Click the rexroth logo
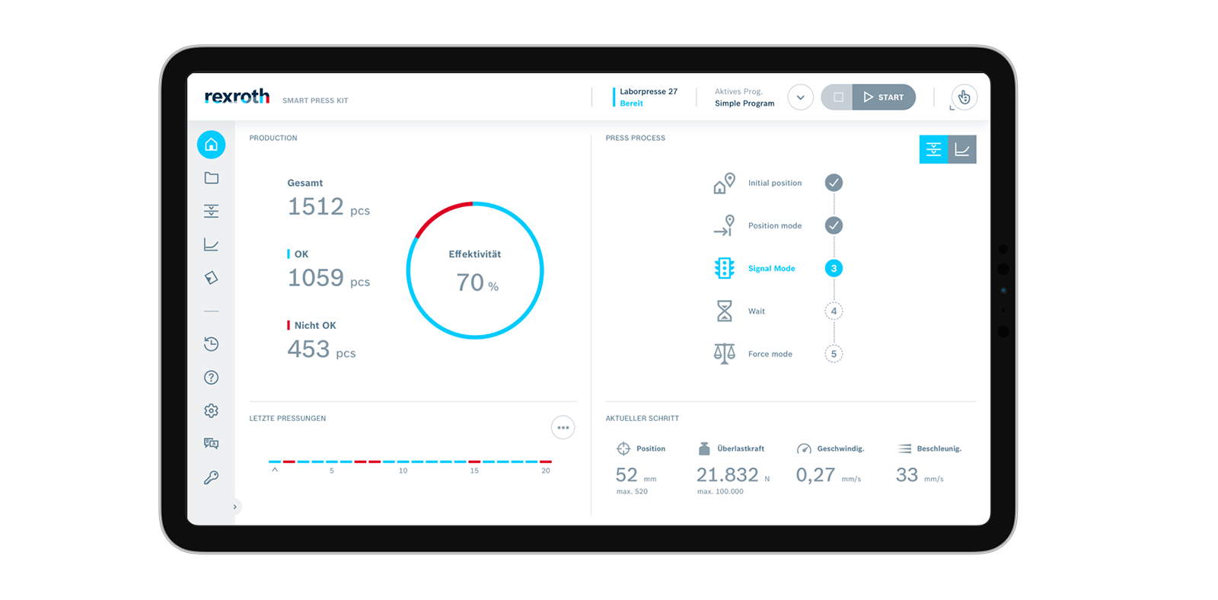tap(237, 97)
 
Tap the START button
tap(884, 97)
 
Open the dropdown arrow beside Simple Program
tap(800, 97)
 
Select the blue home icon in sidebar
tap(212, 145)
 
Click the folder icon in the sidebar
tap(212, 178)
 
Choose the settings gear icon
tap(212, 410)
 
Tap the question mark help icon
tap(212, 378)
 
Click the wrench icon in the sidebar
tap(212, 477)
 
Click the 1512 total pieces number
tap(316, 206)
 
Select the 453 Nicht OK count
tap(308, 349)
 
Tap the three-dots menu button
tap(563, 428)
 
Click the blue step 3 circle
tap(834, 268)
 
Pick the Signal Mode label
tap(771, 269)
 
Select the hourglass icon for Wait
tap(724, 311)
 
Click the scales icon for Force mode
tap(724, 354)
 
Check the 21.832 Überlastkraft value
tap(727, 475)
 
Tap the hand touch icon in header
tap(964, 97)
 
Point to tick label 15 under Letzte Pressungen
tap(474, 471)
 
